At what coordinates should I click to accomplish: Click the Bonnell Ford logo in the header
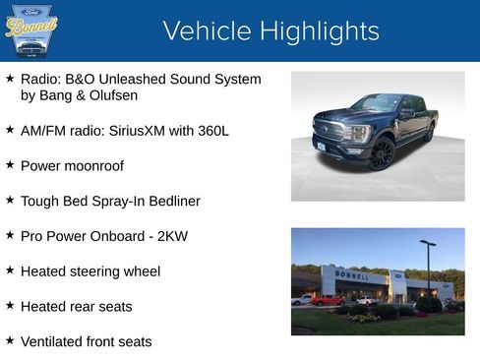tap(31, 30)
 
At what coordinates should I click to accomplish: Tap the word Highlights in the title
tap(316, 31)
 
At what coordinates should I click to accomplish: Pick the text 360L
tap(210, 130)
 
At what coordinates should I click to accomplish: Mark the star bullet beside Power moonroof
tap(10, 164)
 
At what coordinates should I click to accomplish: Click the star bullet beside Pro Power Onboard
tap(10, 235)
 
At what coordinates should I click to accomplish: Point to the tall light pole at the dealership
tap(428, 268)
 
